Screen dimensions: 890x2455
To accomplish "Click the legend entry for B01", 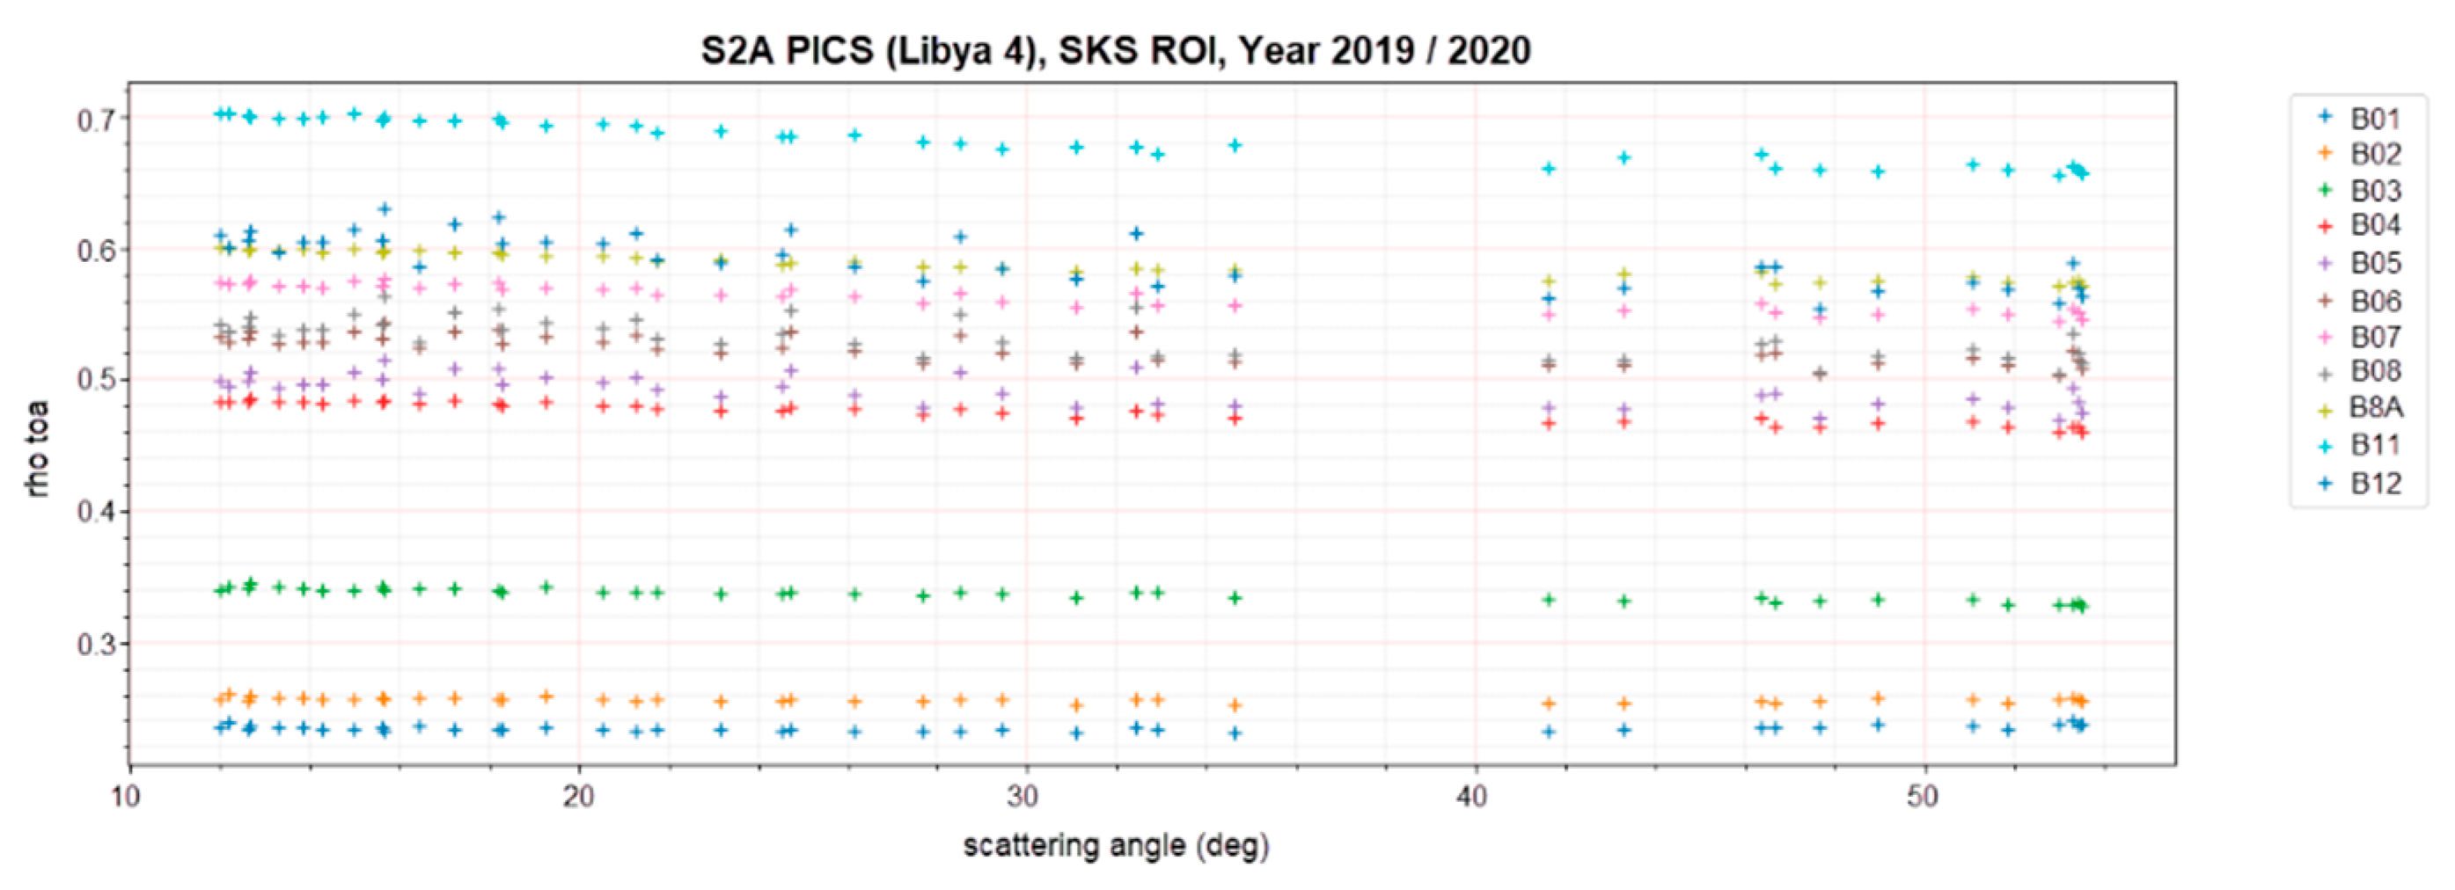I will tap(2373, 118).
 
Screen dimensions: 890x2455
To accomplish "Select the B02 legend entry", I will tap(2373, 155).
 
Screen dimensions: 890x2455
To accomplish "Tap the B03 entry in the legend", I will tap(2373, 191).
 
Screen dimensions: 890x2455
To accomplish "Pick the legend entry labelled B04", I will tap(2373, 226).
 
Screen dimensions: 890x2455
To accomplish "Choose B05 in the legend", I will tap(2373, 263).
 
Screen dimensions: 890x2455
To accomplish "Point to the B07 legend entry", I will tap(2373, 336).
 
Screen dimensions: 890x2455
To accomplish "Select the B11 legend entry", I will tap(2373, 445).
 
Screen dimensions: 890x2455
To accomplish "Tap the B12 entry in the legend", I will tap(2373, 483).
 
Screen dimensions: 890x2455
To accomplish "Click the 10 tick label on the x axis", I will tap(127, 797).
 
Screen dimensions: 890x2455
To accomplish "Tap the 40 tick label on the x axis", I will tap(1473, 797).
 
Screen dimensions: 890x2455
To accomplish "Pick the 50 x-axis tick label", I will tap(1923, 797).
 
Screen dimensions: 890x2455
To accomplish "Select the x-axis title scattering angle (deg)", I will tap(1116, 845).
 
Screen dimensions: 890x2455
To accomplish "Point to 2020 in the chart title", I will tap(1490, 50).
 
